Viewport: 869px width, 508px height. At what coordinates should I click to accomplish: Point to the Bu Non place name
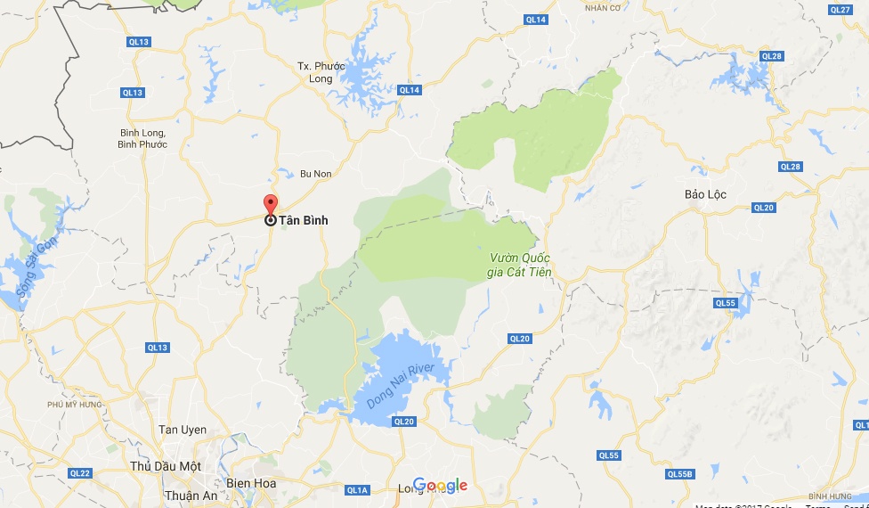coord(315,174)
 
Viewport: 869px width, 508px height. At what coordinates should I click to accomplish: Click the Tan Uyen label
coord(182,430)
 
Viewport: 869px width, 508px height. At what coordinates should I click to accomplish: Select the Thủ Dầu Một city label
coord(165,466)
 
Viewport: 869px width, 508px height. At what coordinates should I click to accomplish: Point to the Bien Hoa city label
coord(251,483)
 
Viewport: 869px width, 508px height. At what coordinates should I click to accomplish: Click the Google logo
coord(440,485)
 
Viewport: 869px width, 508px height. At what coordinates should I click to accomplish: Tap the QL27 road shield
coord(840,10)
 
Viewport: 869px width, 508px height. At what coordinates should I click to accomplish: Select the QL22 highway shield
coord(79,472)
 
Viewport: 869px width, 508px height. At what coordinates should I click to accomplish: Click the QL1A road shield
coord(357,489)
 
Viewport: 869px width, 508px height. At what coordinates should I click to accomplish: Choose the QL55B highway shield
coord(679,473)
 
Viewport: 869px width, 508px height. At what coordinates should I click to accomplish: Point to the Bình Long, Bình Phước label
coord(143,138)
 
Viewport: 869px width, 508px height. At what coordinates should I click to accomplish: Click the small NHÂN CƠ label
coord(602,8)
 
